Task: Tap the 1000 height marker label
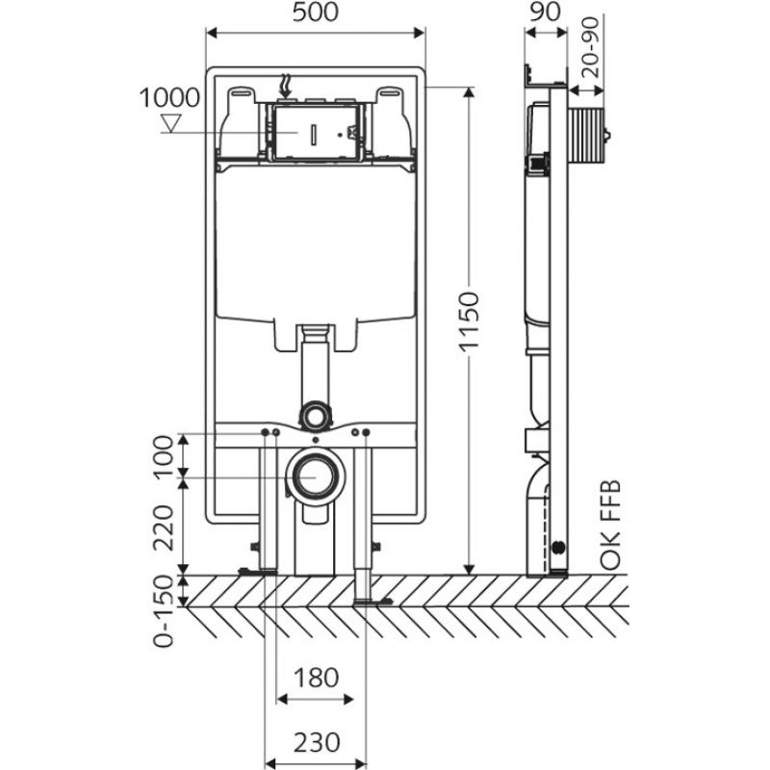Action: (x=169, y=98)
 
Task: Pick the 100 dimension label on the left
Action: (x=167, y=456)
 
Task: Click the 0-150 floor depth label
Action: (x=167, y=612)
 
